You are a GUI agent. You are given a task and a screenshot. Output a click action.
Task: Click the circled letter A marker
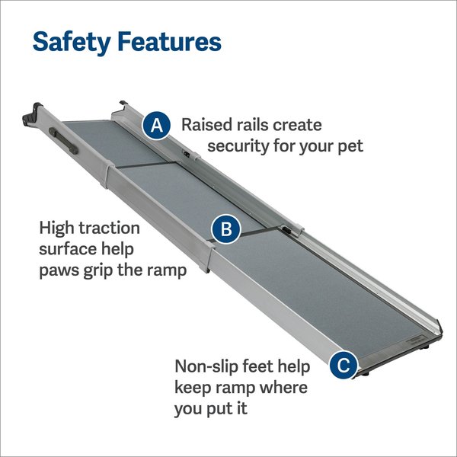pyautogui.click(x=157, y=125)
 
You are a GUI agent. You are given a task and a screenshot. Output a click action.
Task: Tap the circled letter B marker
pyautogui.click(x=226, y=228)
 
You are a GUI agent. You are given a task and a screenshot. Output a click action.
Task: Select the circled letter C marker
pyautogui.click(x=344, y=366)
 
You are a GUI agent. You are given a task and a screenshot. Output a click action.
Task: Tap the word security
pyautogui.click(x=241, y=145)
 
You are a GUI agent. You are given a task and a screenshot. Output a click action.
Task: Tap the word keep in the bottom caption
pyautogui.click(x=193, y=387)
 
